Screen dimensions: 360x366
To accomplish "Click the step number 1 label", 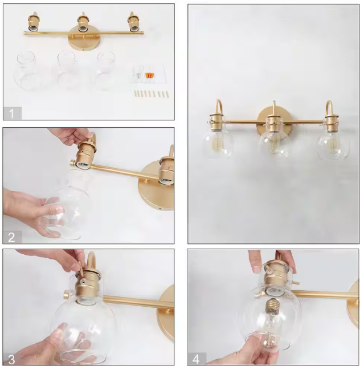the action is pyautogui.click(x=11, y=113).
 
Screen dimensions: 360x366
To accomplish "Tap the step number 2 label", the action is pyautogui.click(x=11, y=237).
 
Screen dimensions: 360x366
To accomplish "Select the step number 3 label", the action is pyautogui.click(x=11, y=360).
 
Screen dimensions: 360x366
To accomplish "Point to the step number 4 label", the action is pyautogui.click(x=196, y=359).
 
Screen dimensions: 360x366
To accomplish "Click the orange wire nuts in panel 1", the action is pyautogui.click(x=149, y=75).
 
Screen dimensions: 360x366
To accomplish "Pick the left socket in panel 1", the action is pyautogui.click(x=34, y=22).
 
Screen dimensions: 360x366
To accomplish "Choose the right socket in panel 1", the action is pyautogui.click(x=134, y=22).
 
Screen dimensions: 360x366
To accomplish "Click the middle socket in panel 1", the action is pyautogui.click(x=83, y=22).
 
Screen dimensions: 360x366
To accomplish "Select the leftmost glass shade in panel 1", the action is pyautogui.click(x=27, y=70).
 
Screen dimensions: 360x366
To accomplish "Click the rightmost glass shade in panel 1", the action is pyautogui.click(x=104, y=70).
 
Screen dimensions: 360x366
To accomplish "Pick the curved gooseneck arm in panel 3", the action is pyautogui.click(x=91, y=261).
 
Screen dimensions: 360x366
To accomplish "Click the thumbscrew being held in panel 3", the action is pyautogui.click(x=81, y=269).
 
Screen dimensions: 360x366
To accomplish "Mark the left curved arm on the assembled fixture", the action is pyautogui.click(x=218, y=107).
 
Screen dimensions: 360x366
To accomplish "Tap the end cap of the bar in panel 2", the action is pyautogui.click(x=73, y=163).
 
